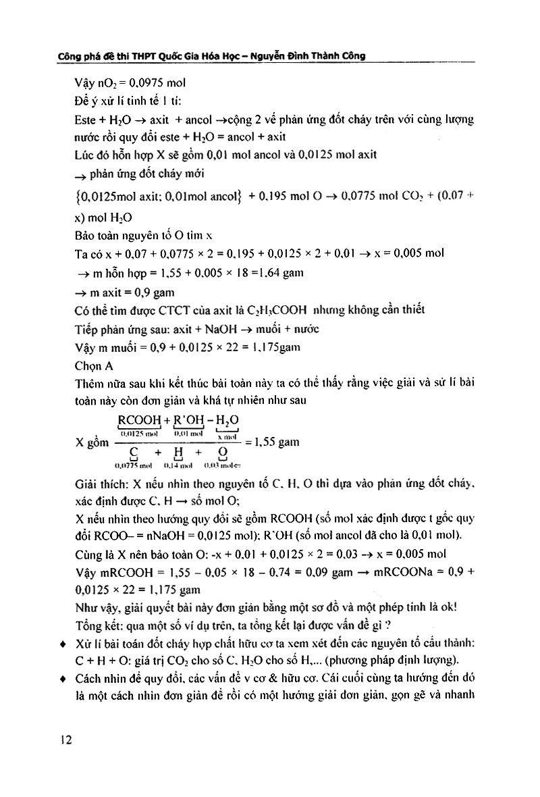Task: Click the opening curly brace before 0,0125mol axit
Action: tap(78, 197)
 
